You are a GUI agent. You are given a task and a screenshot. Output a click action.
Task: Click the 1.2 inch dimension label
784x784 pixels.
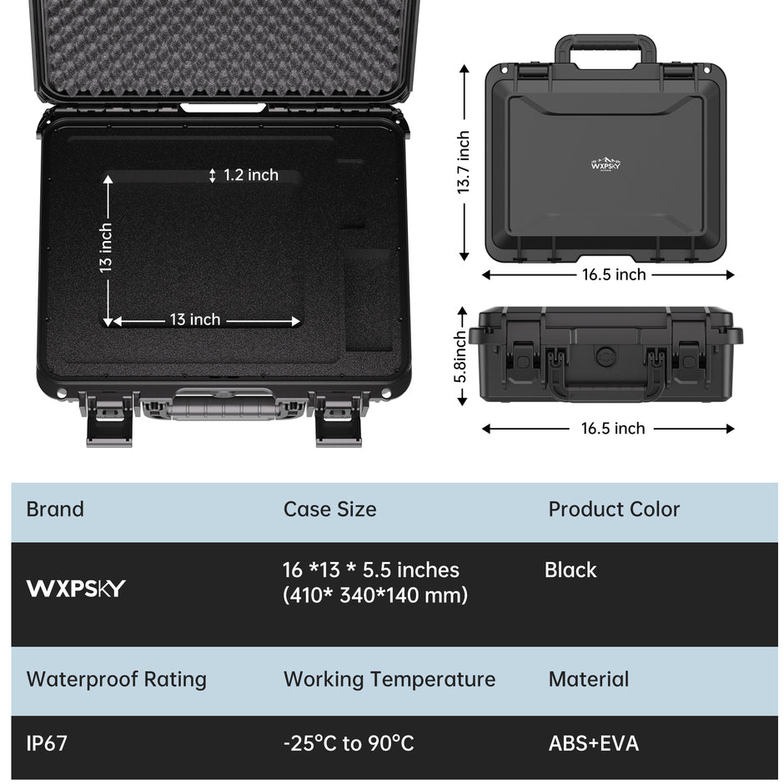click(250, 175)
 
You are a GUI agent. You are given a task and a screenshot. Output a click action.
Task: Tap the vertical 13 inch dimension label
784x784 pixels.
click(105, 248)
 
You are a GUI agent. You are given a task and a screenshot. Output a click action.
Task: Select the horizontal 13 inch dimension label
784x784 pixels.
click(195, 319)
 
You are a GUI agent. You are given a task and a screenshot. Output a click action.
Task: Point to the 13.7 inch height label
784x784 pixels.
click(464, 163)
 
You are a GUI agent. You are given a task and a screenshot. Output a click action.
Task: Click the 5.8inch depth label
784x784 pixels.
click(460, 356)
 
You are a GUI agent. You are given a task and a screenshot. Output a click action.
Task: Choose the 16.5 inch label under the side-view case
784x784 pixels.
click(613, 428)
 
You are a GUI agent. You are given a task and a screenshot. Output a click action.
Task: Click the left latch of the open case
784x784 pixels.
click(109, 419)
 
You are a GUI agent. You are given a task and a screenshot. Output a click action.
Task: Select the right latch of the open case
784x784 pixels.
click(339, 419)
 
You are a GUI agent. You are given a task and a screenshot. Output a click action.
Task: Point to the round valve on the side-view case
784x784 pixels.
click(606, 356)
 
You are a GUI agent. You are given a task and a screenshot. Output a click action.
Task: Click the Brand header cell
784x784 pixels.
click(55, 509)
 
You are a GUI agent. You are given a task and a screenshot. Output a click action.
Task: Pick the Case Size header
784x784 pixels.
click(330, 509)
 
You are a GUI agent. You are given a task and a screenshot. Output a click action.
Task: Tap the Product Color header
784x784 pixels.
click(614, 509)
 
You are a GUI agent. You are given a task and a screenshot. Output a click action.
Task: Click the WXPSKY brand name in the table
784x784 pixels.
click(76, 588)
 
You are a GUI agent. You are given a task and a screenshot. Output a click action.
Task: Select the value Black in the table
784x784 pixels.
click(570, 570)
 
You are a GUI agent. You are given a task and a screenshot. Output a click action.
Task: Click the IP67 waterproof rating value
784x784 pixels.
click(47, 743)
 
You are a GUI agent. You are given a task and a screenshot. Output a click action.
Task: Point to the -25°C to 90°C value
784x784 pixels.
click(349, 743)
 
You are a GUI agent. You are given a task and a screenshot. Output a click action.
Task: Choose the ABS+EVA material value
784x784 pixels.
click(594, 743)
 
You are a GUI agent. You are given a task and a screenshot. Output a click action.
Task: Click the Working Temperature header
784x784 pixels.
click(389, 680)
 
